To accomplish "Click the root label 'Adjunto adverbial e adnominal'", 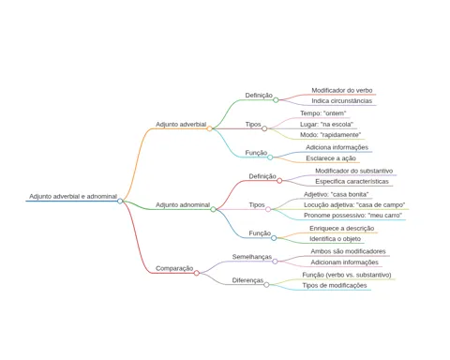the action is [x=73, y=197].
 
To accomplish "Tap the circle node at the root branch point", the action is [x=120, y=201].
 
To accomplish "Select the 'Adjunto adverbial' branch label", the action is [x=181, y=125].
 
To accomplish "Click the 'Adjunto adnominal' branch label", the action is [x=183, y=205].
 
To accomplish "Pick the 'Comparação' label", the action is [x=174, y=268].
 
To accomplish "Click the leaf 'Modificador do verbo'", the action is [x=342, y=90].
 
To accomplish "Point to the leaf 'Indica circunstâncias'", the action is [x=342, y=101].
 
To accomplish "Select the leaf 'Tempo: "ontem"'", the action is [x=323, y=113].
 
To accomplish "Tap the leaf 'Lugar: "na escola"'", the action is [x=326, y=124].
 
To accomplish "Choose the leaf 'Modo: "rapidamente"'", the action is [x=331, y=135].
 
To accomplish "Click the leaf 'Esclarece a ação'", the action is [x=331, y=158].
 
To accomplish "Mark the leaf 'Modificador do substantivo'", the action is [x=354, y=171].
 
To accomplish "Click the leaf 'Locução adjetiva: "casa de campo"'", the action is [x=354, y=205].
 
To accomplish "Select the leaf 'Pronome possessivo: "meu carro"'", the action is [x=353, y=216].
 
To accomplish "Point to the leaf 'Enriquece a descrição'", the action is [x=342, y=229].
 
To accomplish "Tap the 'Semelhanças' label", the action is [x=252, y=257].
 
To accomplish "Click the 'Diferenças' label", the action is [x=247, y=280].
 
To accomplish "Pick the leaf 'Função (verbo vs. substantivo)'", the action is [x=347, y=275].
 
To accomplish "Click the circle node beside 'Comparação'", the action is [x=196, y=273].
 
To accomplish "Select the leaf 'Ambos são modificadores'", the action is [x=348, y=251].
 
